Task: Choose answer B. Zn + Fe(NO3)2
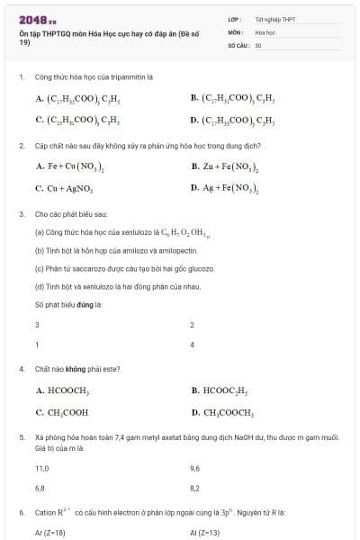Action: coord(225,166)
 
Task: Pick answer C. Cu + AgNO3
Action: coord(64,189)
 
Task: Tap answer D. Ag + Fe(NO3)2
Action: coord(225,189)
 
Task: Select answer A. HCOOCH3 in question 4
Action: coord(62,391)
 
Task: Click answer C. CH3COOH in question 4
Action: coord(62,413)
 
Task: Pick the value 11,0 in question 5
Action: coord(41,468)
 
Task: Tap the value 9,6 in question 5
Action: coord(195,468)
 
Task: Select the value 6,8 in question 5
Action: coord(40,488)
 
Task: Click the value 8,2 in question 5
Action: coord(195,488)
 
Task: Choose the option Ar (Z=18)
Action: coord(50,533)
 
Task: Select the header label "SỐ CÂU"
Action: coord(238,44)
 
